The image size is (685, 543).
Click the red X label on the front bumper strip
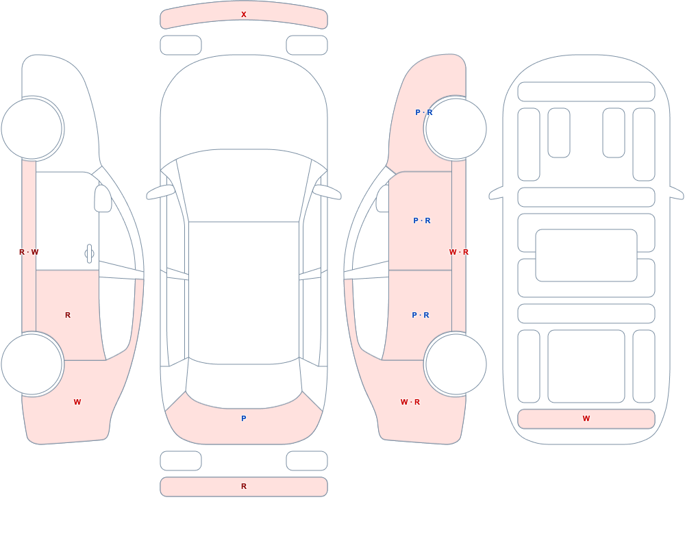pos(244,14)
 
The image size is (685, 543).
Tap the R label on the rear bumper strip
pos(244,486)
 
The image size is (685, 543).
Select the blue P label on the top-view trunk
pos(244,418)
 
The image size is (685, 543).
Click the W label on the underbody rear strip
pos(586,418)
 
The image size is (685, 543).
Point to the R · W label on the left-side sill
pos(29,252)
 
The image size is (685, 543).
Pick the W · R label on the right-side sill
pos(459,252)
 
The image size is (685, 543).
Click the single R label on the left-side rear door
pos(68,315)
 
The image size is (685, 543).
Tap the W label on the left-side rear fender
pos(77,402)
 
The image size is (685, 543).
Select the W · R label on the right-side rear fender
pos(410,402)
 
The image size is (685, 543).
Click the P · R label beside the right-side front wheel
pos(424,112)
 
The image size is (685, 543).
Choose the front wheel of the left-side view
pos(32,129)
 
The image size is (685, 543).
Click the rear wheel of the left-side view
pos(32,364)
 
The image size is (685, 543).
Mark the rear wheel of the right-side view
pos(456,364)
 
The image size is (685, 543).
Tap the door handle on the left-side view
pos(89,254)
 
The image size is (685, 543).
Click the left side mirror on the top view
pos(160,192)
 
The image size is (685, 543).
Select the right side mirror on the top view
pos(327,192)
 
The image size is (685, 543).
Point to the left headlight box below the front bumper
pos(181,45)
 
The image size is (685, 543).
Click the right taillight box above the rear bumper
pos(307,461)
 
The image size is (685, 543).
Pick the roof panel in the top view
pos(244,292)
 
